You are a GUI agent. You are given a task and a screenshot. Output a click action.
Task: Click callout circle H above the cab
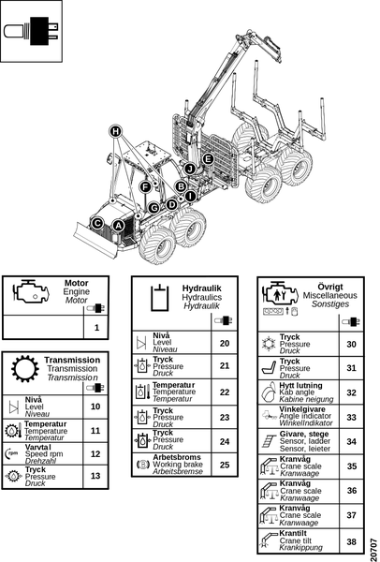pos(115,131)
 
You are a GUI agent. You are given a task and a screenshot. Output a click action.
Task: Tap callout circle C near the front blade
pos(97,223)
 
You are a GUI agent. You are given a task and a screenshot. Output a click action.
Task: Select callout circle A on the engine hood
pos(118,226)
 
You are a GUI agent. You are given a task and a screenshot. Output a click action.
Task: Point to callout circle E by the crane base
pos(208,159)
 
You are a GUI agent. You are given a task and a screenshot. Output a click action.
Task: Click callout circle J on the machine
pos(190,169)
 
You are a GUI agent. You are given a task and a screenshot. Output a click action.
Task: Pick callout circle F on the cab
pos(145,186)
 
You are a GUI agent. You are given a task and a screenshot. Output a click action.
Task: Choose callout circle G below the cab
pos(153,208)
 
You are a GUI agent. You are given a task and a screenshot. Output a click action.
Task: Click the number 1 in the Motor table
pos(96,327)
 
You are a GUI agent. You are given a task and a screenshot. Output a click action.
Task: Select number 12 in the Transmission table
pos(95,453)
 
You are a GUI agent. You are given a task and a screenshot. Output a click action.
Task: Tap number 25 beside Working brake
pos(225,465)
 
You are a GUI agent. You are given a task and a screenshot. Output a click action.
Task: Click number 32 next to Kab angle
pos(352,392)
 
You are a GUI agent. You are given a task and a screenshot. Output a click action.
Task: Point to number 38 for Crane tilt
pos(352,541)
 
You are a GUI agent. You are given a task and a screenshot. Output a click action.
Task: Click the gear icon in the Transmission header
pos(25,369)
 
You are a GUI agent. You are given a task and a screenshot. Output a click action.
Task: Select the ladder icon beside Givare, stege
pos(269,441)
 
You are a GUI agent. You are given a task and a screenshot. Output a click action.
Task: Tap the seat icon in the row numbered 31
pos(269,368)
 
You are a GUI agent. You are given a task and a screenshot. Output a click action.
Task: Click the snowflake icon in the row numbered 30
pos(268,344)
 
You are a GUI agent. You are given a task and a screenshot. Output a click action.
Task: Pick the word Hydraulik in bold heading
pos(202,288)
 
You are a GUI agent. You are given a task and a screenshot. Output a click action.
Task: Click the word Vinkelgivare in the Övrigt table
pos(302,409)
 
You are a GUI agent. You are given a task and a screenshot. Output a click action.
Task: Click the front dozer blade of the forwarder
pos(96,240)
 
